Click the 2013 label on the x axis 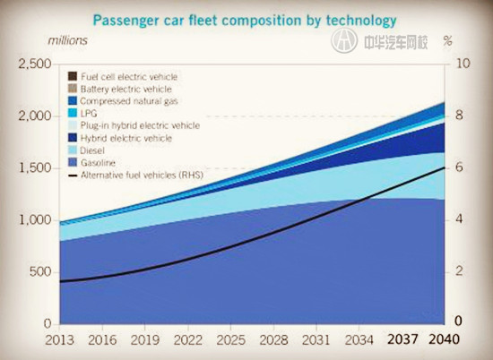(59, 341)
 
